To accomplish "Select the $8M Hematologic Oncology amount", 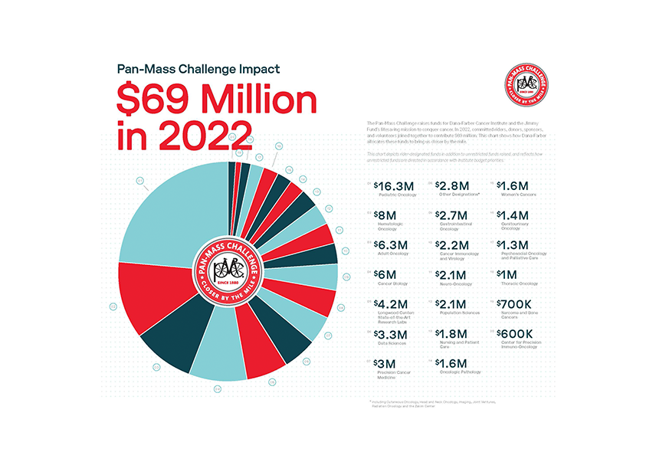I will (x=386, y=215).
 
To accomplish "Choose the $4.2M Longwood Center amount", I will (x=391, y=303).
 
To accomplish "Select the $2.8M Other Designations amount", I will (x=452, y=185).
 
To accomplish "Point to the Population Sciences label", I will (x=459, y=313).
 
